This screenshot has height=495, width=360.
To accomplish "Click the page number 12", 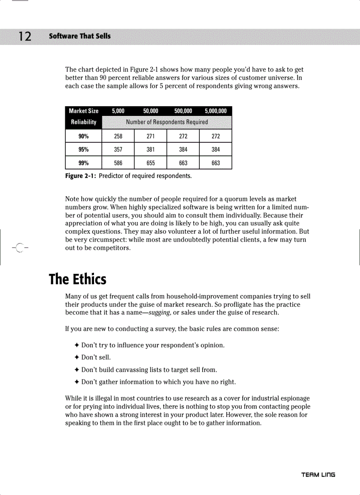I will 25,37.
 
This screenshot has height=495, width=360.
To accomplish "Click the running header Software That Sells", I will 80,36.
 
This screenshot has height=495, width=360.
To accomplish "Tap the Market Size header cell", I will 84,111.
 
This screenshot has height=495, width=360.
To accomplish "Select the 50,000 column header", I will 150,111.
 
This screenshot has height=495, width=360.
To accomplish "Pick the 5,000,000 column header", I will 216,111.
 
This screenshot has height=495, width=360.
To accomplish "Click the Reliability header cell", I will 84,122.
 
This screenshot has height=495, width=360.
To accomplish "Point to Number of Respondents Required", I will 167,122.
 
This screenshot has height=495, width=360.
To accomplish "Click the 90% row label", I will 84,136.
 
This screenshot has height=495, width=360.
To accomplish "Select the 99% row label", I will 84,163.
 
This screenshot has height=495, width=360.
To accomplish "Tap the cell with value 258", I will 118,136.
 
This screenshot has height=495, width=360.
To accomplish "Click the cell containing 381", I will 150,149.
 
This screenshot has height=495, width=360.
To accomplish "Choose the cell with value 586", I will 118,163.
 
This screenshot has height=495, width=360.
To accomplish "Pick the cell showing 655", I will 150,163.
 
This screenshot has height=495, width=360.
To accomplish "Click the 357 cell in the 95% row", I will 118,149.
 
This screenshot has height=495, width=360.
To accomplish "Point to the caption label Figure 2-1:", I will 81,176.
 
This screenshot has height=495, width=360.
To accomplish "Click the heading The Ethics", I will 78,279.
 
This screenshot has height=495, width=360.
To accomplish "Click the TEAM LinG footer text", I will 318,475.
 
